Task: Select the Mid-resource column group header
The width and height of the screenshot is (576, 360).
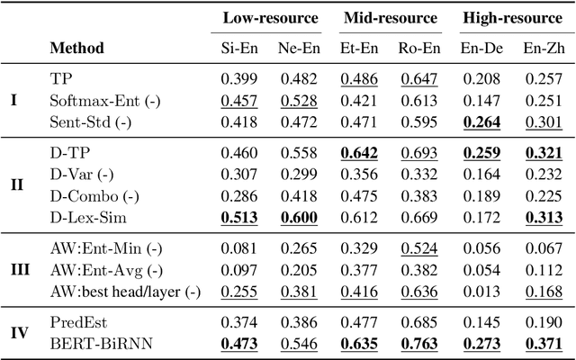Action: (390, 18)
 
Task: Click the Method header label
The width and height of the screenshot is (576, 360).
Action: (76, 47)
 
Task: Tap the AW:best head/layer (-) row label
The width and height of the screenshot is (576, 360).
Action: (125, 291)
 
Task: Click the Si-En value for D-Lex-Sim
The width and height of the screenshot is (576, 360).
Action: (238, 219)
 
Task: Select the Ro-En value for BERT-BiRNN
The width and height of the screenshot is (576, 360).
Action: (418, 343)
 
